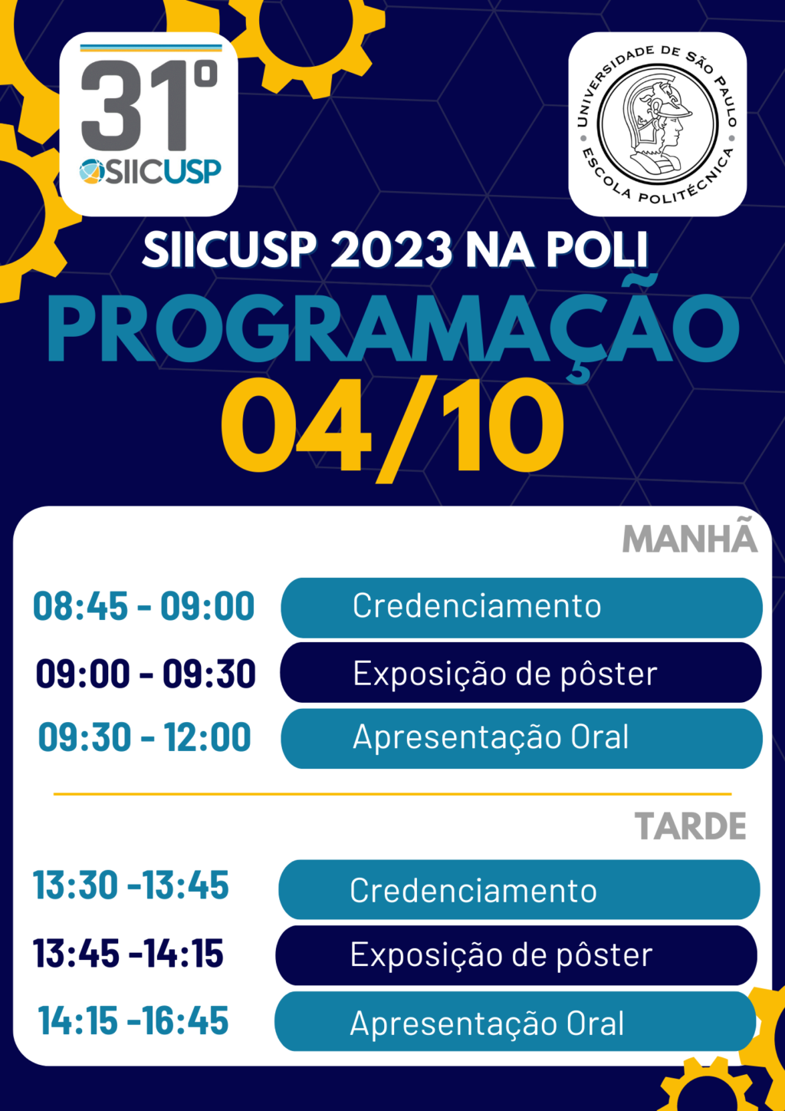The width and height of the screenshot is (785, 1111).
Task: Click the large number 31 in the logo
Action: click(134, 105)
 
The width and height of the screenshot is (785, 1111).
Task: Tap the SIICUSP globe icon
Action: click(92, 172)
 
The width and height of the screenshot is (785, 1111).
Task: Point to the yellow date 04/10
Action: click(392, 430)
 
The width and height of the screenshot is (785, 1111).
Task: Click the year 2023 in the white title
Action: click(392, 249)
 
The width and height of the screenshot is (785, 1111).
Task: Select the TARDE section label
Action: click(691, 826)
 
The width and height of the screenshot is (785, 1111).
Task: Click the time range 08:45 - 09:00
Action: click(143, 606)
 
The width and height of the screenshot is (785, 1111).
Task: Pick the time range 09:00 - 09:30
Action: click(145, 674)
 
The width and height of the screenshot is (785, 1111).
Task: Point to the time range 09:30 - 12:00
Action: click(144, 737)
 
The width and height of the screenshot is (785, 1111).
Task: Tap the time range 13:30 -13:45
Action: click(131, 885)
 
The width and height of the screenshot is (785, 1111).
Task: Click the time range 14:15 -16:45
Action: click(133, 1020)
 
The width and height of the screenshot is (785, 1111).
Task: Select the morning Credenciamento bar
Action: click(521, 608)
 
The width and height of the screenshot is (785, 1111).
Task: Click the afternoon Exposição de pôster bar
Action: click(517, 955)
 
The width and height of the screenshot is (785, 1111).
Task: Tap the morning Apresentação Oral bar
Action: click(521, 739)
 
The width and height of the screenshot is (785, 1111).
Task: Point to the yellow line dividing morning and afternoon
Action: click(392, 794)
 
